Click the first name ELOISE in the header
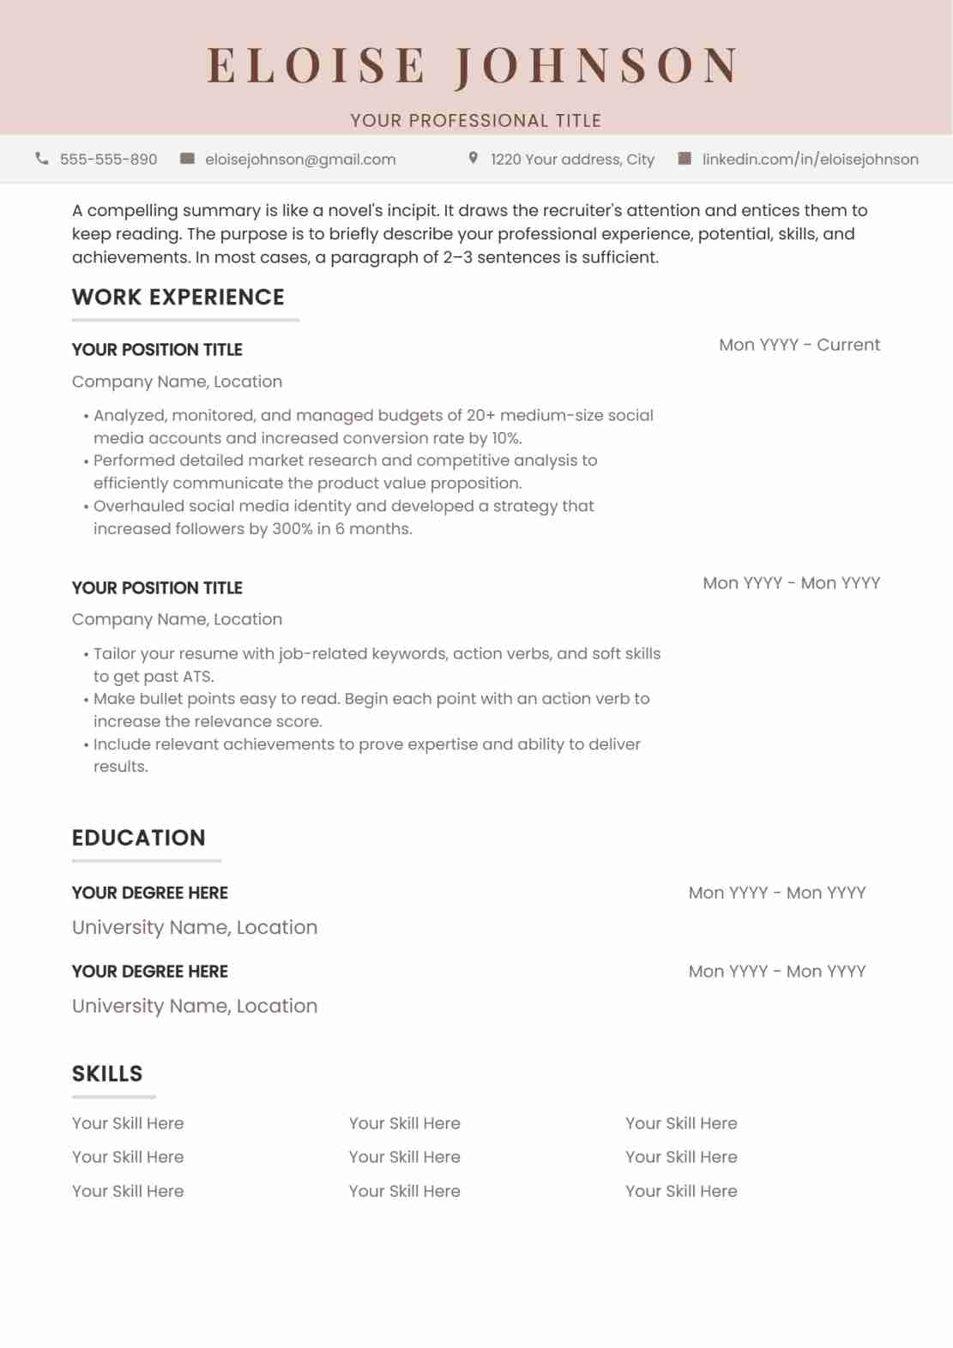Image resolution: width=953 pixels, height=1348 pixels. coord(316,66)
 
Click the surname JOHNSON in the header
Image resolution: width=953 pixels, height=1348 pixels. coord(597,66)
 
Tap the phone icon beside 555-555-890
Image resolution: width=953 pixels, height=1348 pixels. coord(41,159)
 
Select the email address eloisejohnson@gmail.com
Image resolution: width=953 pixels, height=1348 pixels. coord(300,159)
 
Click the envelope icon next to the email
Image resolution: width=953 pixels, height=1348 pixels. coord(187,159)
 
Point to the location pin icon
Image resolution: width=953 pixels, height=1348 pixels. coord(473,159)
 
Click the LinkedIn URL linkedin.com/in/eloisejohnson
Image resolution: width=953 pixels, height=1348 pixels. coord(810,159)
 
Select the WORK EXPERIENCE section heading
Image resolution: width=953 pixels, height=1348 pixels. coord(178,298)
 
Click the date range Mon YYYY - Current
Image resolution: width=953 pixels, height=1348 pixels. coord(799,345)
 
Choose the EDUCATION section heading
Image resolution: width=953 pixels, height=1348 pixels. coord(139,838)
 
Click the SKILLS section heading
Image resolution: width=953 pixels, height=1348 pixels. coord(107,1074)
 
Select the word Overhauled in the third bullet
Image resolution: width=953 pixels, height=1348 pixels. coord(139,507)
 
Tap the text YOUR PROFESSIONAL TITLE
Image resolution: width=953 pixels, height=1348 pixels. coord(476,121)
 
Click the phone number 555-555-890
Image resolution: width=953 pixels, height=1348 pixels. coord(109,159)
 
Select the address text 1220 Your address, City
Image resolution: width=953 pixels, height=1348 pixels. coord(572,159)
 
